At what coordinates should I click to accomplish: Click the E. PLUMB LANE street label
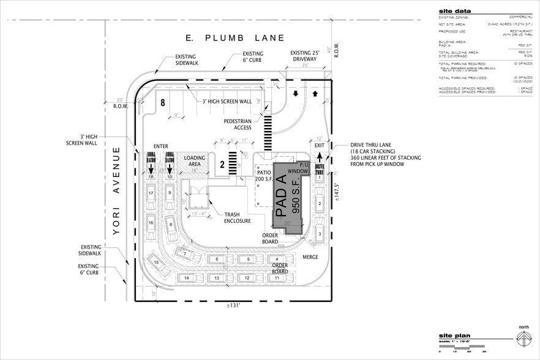(x=236, y=38)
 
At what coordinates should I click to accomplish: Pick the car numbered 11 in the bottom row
(x=277, y=278)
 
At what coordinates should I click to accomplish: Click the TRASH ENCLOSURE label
(x=236, y=217)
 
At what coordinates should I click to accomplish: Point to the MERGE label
(x=310, y=257)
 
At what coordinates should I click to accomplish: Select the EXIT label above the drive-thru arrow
(x=319, y=146)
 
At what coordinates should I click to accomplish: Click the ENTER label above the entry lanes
(x=161, y=146)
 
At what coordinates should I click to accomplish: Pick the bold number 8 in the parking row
(x=162, y=102)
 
